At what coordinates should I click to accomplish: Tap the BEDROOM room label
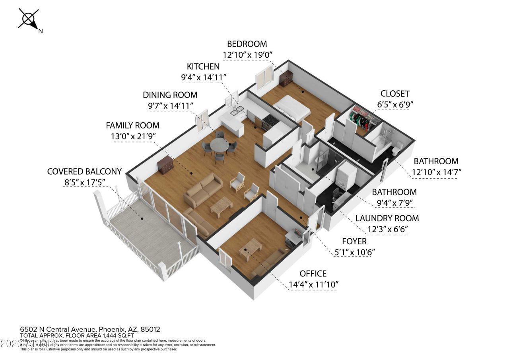pyautogui.click(x=247, y=44)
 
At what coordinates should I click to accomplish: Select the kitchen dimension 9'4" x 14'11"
pyautogui.click(x=204, y=77)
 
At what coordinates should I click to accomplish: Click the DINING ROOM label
pyautogui.click(x=170, y=95)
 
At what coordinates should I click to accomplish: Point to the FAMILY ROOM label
pyautogui.click(x=132, y=125)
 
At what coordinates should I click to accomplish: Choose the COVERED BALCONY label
pyautogui.click(x=84, y=171)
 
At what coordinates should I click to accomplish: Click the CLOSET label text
pyautogui.click(x=394, y=94)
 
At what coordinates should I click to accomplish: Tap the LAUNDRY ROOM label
pyautogui.click(x=387, y=218)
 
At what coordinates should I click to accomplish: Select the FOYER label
pyautogui.click(x=354, y=241)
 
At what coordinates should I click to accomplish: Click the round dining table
pyautogui.click(x=219, y=145)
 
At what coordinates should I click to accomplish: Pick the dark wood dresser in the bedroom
pyautogui.click(x=286, y=78)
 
